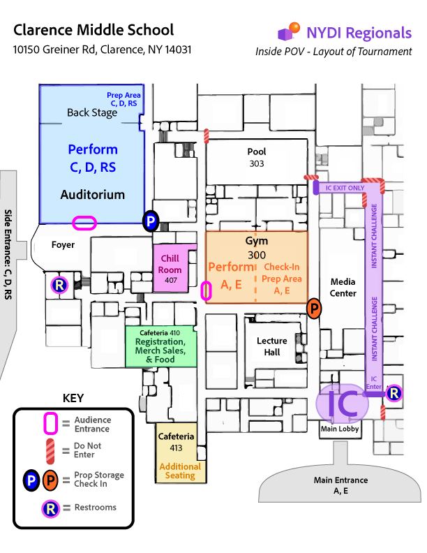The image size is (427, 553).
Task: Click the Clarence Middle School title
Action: (93, 31)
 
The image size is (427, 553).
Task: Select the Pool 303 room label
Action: (257, 156)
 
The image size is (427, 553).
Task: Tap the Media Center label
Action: (343, 287)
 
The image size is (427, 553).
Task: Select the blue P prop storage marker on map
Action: (151, 221)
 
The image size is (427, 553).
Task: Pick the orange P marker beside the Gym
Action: (314, 308)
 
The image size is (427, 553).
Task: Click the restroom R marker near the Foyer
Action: (60, 284)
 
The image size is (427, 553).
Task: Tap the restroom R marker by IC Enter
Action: (394, 393)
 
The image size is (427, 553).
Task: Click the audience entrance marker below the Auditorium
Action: (84, 223)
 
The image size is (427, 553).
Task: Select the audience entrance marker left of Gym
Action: (206, 290)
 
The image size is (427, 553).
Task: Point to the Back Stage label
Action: (92, 112)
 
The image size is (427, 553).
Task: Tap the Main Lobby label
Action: (339, 429)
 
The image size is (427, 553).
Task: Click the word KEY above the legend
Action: (73, 399)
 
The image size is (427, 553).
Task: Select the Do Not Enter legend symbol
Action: (50, 450)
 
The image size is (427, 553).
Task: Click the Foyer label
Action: (63, 245)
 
